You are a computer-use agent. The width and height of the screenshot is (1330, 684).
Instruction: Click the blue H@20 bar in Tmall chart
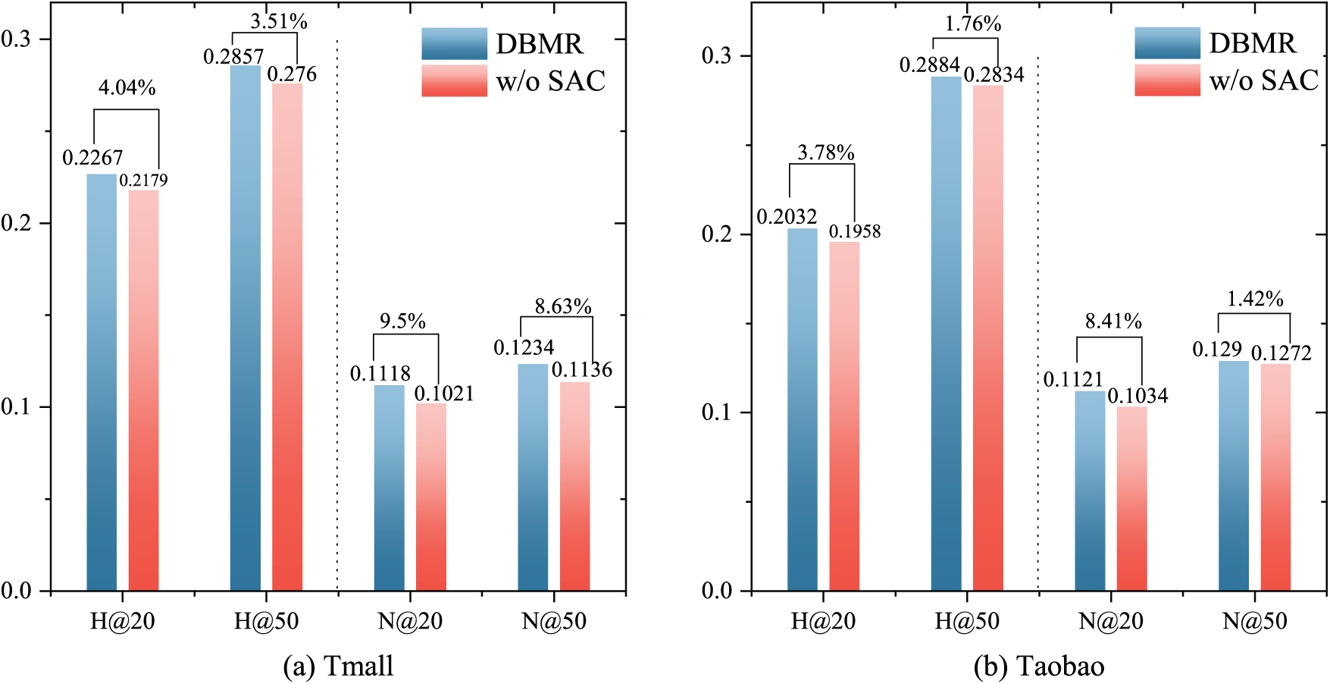point(102,382)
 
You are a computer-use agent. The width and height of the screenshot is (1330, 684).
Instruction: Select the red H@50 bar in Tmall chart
point(287,337)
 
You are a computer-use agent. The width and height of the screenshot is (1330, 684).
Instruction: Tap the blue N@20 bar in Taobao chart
point(1090,491)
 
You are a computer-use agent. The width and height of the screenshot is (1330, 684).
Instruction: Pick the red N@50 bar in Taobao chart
point(1275,477)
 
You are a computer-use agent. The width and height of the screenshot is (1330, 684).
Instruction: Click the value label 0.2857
point(233,57)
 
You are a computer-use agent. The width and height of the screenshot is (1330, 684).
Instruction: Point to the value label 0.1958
point(855,231)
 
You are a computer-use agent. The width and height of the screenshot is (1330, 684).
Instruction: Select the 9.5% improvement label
point(402,321)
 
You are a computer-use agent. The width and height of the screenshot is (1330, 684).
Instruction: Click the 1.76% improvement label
point(973,24)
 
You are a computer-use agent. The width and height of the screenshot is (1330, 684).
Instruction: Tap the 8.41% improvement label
point(1113,321)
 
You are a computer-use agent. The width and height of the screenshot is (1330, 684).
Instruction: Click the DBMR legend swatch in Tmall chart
point(454,44)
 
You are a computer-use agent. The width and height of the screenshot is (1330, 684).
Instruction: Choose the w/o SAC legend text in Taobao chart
point(1263,80)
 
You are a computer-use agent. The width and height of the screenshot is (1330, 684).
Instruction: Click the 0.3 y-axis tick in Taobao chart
point(718,55)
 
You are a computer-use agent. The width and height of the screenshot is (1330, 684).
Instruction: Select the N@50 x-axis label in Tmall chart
point(554,622)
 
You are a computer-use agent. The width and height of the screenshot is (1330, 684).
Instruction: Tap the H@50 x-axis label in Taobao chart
point(967,622)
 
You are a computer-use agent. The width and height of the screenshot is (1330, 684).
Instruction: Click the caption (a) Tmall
point(338,666)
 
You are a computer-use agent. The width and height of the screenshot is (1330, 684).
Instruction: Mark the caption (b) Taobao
point(1039,666)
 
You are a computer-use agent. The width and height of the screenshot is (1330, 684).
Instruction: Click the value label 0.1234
point(524,347)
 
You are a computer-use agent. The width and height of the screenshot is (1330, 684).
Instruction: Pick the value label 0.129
point(1217,349)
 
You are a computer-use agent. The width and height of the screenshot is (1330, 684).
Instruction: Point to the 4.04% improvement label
point(127,88)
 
